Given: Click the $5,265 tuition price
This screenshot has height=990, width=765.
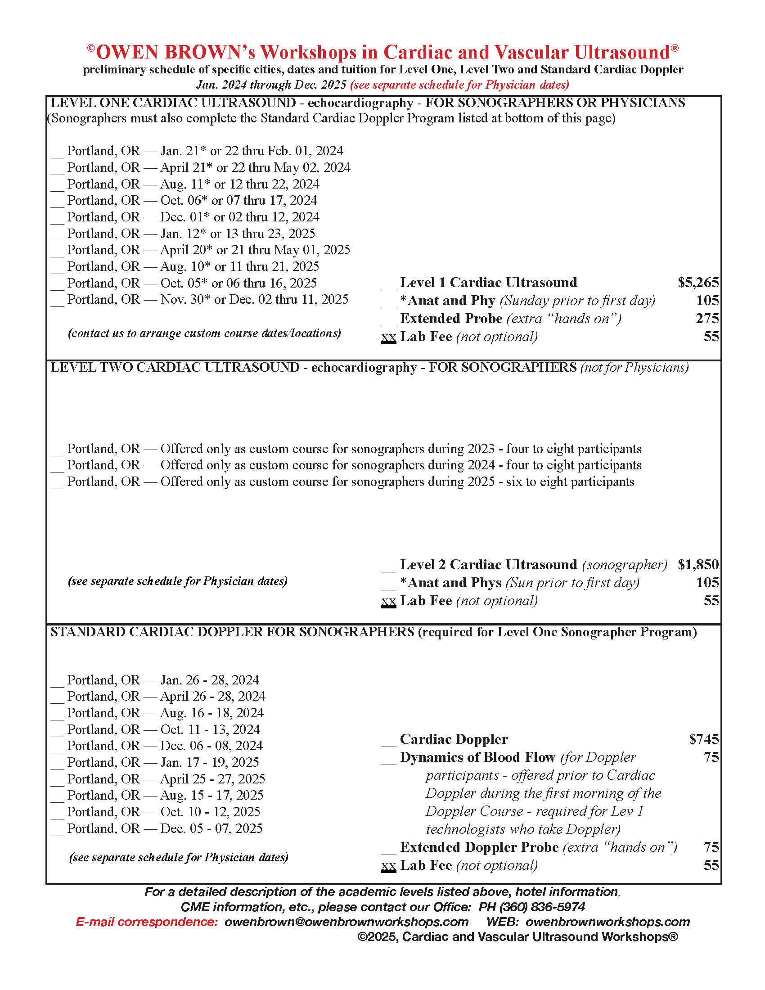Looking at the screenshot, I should (x=697, y=283).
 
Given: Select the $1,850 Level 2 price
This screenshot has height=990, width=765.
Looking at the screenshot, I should (x=697, y=565).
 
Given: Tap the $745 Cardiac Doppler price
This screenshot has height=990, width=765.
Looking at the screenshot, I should (x=703, y=739).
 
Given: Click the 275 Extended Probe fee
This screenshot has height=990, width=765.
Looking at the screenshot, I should (x=707, y=319).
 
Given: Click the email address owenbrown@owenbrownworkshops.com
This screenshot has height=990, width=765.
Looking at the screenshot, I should (x=346, y=922).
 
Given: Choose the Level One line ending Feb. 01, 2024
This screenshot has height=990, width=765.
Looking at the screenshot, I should (x=205, y=151).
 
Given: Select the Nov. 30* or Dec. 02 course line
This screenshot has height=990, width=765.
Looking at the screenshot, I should (x=207, y=300).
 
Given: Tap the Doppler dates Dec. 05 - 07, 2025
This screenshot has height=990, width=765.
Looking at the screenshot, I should (x=165, y=828).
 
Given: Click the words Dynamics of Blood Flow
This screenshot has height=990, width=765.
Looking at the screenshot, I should (x=477, y=757).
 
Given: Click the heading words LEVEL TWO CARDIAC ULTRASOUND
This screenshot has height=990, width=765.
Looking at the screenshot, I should (x=175, y=367).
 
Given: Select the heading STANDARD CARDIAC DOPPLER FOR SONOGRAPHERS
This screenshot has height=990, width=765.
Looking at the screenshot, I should (x=232, y=632).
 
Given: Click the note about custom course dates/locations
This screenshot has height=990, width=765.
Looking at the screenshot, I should (x=204, y=333).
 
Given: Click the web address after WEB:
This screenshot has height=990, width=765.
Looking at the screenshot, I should (x=607, y=922).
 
